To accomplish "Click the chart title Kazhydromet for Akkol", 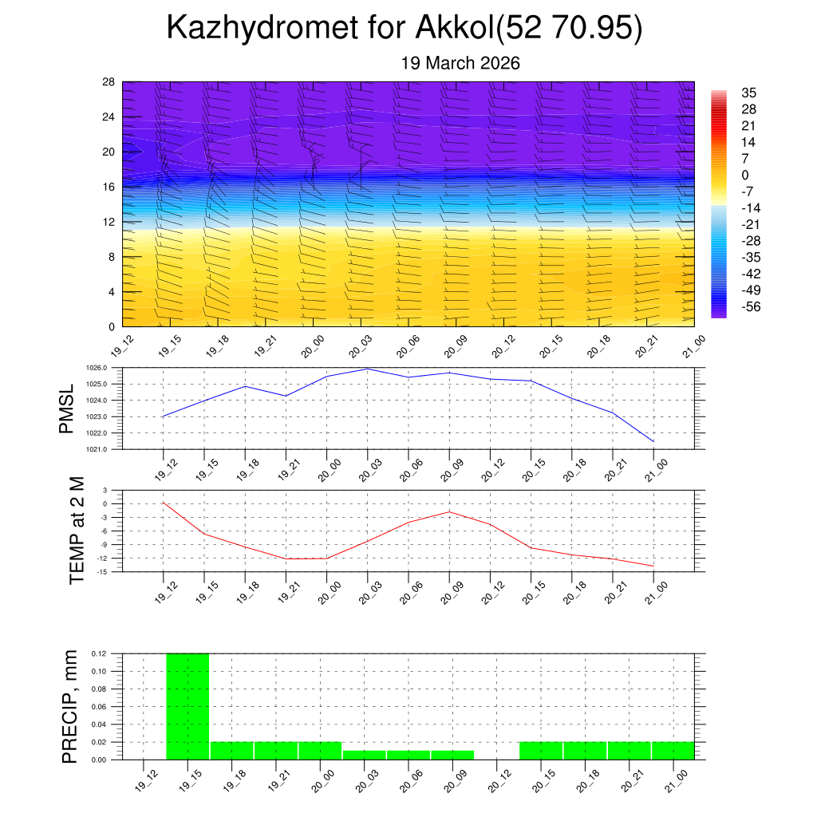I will [x=405, y=30].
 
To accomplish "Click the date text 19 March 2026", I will [x=460, y=64].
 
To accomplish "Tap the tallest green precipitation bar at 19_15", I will [x=187, y=706].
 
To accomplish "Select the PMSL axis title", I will [x=66, y=408].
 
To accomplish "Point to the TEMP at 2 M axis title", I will [x=77, y=530].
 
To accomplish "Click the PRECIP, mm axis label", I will [x=70, y=706].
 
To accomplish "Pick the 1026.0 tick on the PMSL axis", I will [x=105, y=368].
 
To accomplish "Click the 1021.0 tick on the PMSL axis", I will [x=105, y=449].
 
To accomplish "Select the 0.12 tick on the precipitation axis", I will [x=98, y=653].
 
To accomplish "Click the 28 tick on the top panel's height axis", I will [x=109, y=82].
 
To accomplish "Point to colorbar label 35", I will [x=748, y=93].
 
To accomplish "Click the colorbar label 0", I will [x=745, y=176].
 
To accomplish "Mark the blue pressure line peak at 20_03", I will [x=368, y=369].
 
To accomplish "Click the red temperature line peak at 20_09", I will [x=449, y=511].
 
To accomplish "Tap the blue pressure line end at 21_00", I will [x=653, y=441].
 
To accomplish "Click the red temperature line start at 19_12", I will [x=163, y=503].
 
